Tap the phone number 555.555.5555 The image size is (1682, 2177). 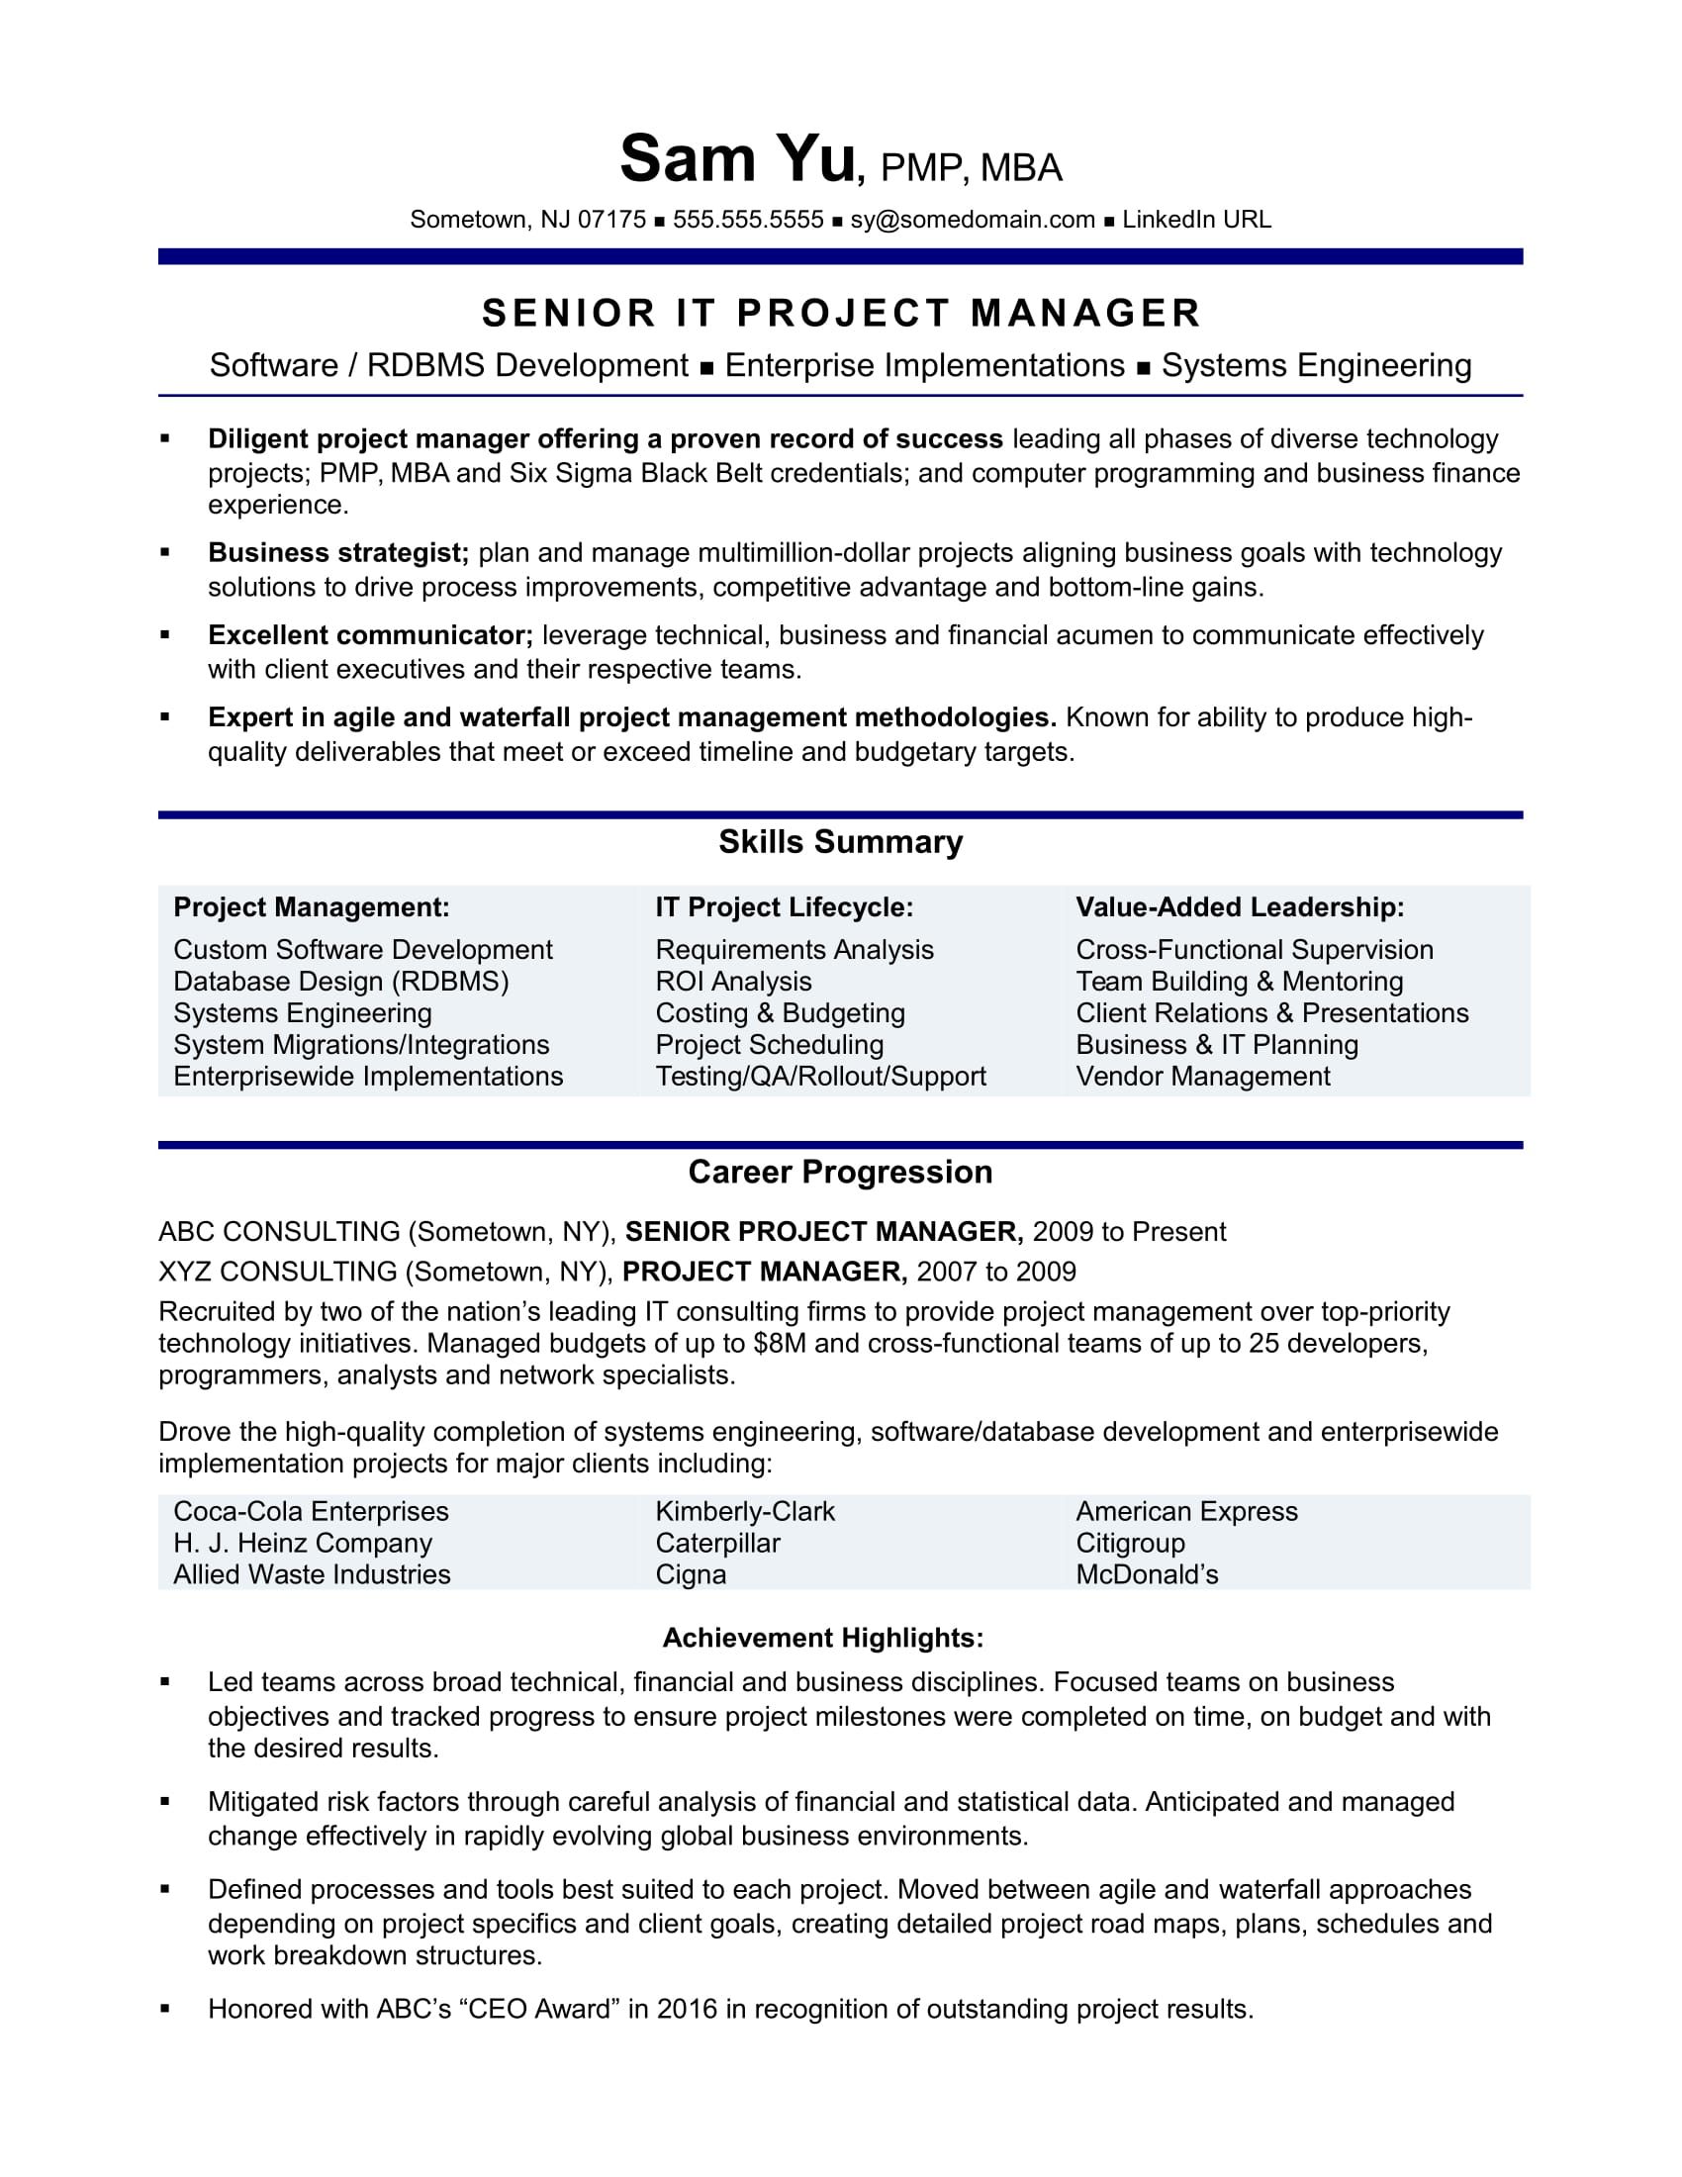pos(748,221)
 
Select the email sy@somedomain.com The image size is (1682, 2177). pos(973,221)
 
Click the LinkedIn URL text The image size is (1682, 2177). pos(1197,221)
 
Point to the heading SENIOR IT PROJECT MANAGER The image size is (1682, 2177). pos(841,314)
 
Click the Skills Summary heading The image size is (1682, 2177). pos(841,842)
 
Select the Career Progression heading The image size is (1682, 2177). pos(841,1173)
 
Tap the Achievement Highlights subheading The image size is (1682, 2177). pos(823,1638)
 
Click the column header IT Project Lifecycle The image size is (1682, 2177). pos(785,907)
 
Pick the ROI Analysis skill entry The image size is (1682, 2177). pos(733,982)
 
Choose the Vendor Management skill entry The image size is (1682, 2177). pos(1203,1077)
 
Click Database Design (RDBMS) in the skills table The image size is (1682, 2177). pos(340,982)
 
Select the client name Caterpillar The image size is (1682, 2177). pos(717,1543)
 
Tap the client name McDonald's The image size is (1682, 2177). pos(1147,1575)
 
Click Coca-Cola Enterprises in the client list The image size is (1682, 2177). pos(311,1511)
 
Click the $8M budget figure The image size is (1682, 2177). pos(781,1344)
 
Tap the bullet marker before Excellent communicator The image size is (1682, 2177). pos(165,635)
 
